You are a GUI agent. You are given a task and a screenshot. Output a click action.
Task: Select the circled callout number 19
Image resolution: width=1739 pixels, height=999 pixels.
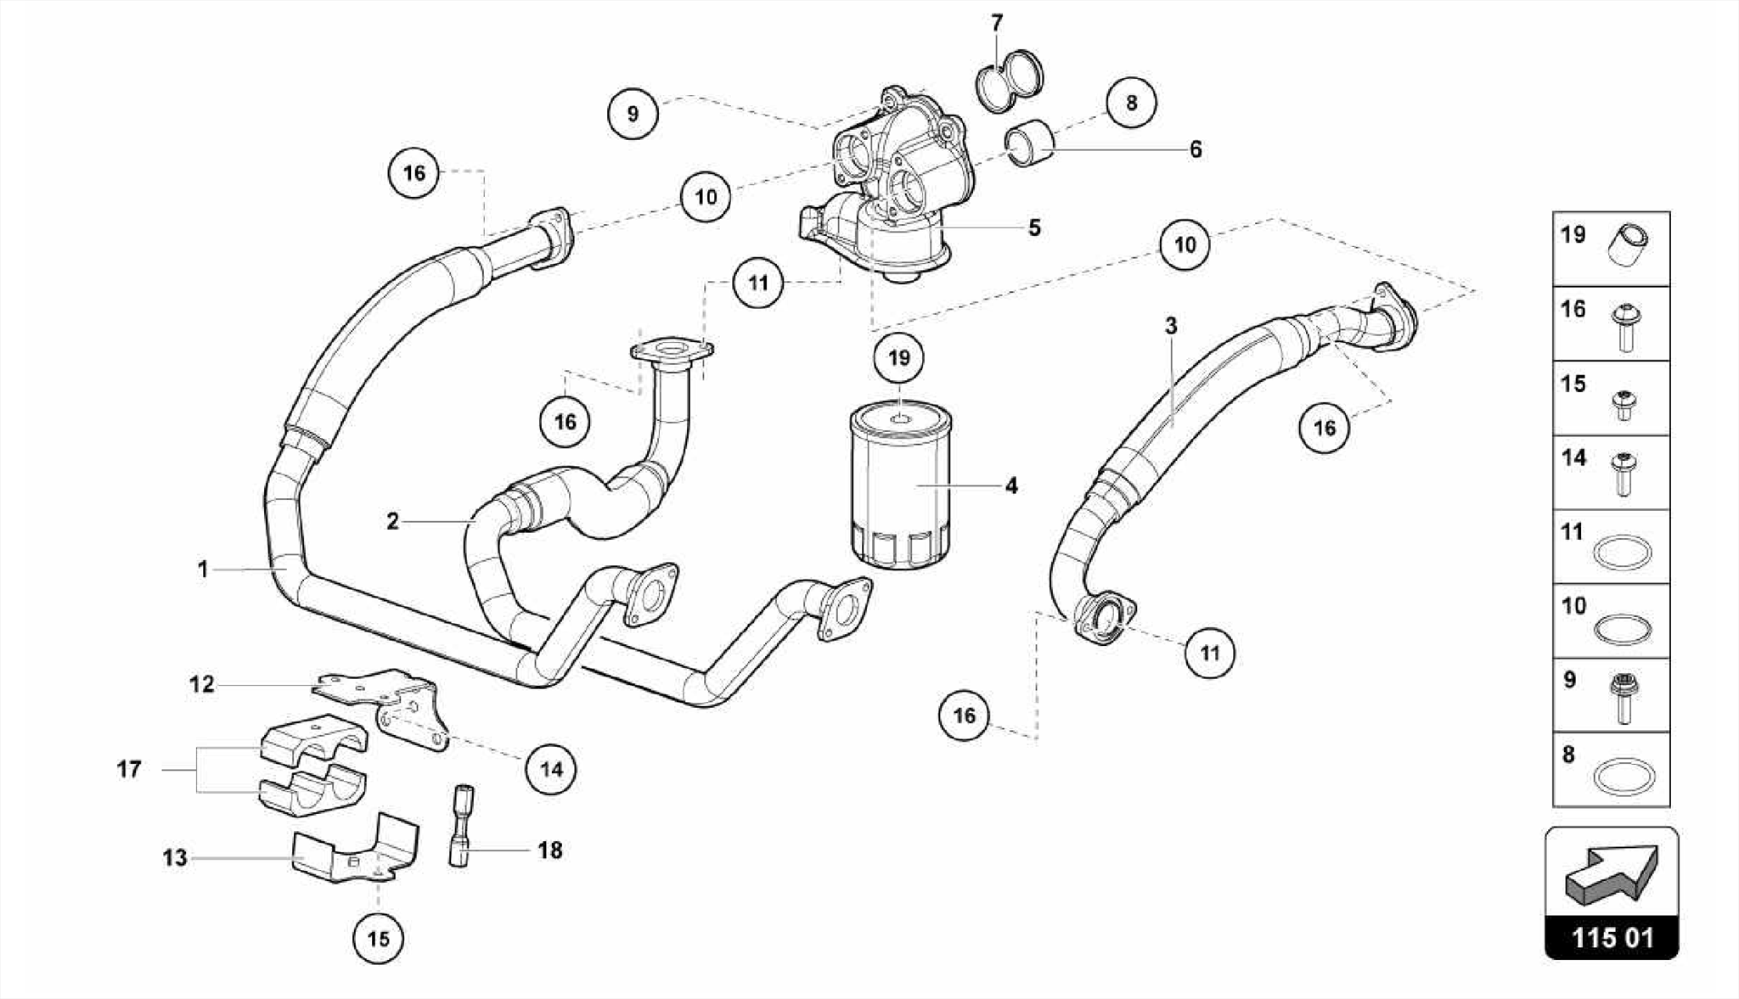pyautogui.click(x=898, y=357)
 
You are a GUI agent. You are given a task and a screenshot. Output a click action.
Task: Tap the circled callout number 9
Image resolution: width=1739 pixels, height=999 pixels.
pyautogui.click(x=633, y=113)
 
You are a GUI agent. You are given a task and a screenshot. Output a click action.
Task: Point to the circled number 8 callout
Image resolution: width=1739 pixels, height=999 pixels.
pyautogui.click(x=1131, y=103)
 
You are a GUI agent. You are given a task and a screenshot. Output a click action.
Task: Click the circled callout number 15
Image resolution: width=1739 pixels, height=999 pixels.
pyautogui.click(x=378, y=938)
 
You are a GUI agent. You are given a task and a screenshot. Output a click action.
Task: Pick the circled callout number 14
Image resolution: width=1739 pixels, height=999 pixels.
pyautogui.click(x=551, y=769)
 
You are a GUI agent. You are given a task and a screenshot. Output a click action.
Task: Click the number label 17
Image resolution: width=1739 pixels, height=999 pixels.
pyautogui.click(x=129, y=769)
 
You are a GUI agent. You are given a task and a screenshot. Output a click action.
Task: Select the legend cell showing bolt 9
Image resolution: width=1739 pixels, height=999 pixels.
pyautogui.click(x=1611, y=694)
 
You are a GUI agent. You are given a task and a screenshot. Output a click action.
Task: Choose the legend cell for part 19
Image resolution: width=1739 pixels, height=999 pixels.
pyautogui.click(x=1611, y=249)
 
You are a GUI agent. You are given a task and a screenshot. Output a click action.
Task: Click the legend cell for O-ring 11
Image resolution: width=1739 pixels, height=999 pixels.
pyautogui.click(x=1611, y=546)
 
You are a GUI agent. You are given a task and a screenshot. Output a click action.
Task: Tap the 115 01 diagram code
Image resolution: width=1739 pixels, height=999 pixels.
pyautogui.click(x=1612, y=938)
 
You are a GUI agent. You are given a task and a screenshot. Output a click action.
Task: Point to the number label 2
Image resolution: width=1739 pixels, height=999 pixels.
pyautogui.click(x=392, y=521)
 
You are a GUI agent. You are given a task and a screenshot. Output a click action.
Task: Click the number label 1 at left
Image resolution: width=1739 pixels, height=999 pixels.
pyautogui.click(x=203, y=569)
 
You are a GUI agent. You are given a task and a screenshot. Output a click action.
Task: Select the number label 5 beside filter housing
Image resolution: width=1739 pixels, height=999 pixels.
pyautogui.click(x=1034, y=227)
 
